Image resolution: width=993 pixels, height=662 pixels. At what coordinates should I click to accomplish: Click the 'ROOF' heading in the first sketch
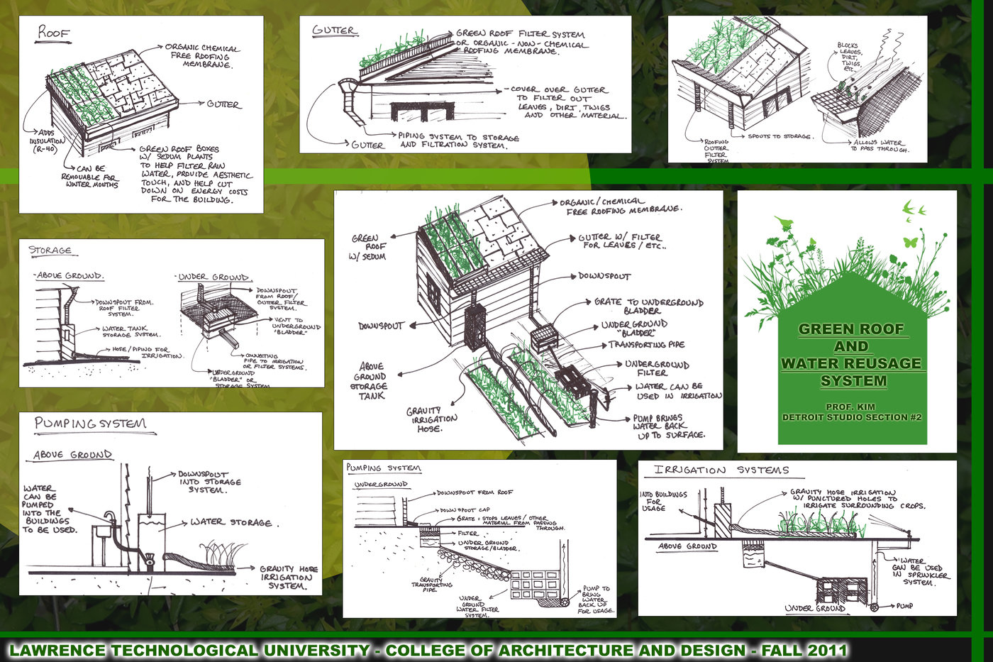point(54,32)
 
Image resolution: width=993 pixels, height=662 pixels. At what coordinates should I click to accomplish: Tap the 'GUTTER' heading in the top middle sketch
point(334,31)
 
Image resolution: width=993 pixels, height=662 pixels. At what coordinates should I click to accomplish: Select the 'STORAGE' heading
point(50,250)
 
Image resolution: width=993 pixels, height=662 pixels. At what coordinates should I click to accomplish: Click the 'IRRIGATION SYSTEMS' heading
point(721,470)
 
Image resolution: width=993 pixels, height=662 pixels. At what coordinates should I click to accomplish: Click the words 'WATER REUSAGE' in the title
point(851,363)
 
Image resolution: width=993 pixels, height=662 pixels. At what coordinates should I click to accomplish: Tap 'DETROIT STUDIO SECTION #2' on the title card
point(851,417)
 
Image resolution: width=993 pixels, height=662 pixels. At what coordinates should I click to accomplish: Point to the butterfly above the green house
point(910,241)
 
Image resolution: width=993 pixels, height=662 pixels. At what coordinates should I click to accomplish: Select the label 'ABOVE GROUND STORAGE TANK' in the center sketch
point(369,381)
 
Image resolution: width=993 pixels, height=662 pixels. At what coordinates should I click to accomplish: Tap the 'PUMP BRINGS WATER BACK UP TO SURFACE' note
point(669,426)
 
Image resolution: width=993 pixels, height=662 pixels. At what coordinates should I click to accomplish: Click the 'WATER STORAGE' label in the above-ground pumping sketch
point(231,522)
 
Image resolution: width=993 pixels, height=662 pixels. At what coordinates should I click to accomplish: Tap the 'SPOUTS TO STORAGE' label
point(780,136)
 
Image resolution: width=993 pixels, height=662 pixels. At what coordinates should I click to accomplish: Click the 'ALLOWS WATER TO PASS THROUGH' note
point(880,145)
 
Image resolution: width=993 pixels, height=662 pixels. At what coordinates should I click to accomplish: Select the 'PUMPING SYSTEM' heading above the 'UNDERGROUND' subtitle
point(383,468)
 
